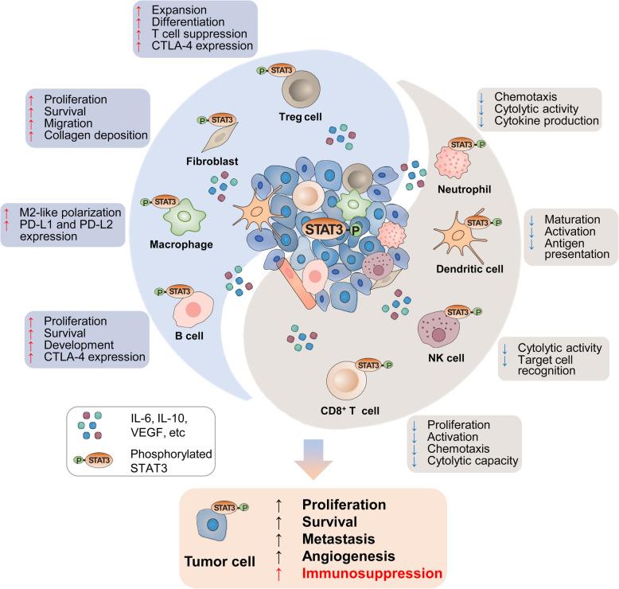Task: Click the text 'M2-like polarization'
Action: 71,213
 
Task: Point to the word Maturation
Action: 571,219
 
